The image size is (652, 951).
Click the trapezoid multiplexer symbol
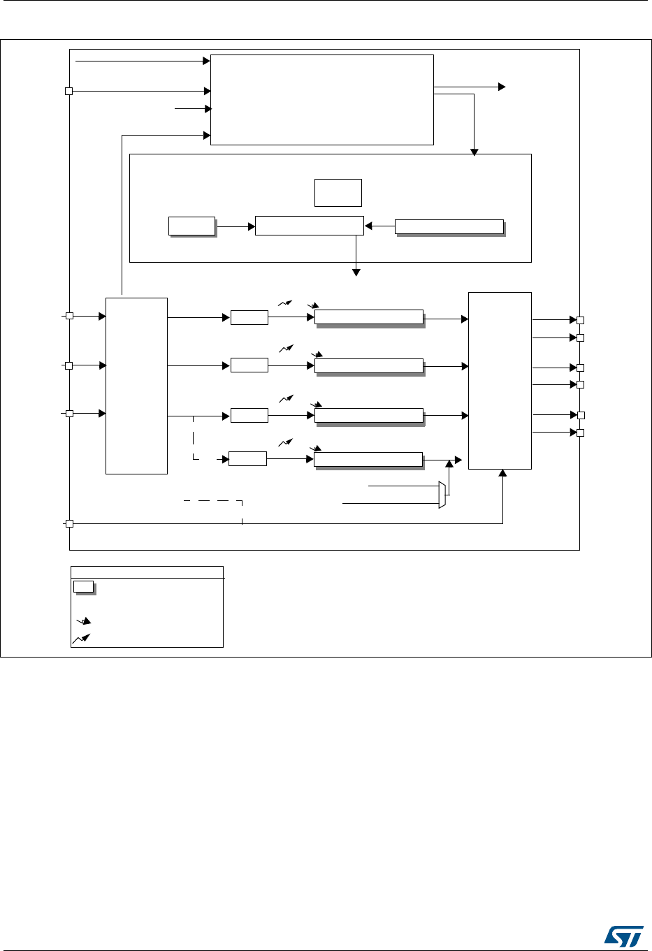coord(442,495)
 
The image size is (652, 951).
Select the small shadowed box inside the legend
coord(84,586)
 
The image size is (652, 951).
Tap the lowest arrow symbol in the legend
coord(82,638)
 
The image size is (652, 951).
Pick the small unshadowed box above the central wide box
coord(338,192)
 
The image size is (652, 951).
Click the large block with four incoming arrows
coord(321,99)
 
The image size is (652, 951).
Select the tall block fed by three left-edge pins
coord(136,386)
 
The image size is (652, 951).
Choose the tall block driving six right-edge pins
coord(500,380)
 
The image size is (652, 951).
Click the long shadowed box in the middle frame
coord(449,226)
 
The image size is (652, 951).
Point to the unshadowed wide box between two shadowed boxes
coord(309,226)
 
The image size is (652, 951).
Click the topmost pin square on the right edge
coord(580,320)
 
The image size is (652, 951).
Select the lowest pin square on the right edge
coord(580,433)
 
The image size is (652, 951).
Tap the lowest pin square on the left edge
coord(69,523)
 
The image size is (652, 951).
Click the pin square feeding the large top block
coord(69,91)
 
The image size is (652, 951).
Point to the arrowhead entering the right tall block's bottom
coord(502,473)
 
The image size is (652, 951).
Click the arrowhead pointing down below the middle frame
coord(356,272)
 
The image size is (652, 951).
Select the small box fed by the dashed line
coord(247,458)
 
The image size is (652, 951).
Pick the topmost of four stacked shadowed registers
coord(369,317)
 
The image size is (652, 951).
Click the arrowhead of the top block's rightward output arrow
coord(501,87)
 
